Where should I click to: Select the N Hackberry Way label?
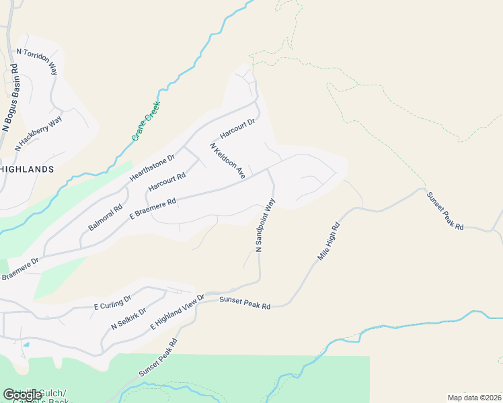click(x=38, y=133)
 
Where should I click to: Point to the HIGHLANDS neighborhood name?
click(x=27, y=169)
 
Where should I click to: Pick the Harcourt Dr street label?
click(x=238, y=129)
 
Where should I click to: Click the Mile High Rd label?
click(x=329, y=242)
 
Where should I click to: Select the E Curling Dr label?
click(x=112, y=302)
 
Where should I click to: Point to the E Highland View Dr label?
click(x=177, y=312)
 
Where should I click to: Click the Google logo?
click(x=22, y=395)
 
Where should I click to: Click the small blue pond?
click(x=26, y=345)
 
